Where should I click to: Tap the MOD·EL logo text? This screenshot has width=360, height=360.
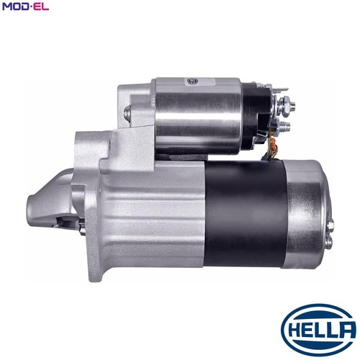(25, 6)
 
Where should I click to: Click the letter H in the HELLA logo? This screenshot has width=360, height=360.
(293, 329)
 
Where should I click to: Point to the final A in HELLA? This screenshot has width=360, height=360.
(346, 329)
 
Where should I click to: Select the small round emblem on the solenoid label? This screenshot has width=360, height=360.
(193, 81)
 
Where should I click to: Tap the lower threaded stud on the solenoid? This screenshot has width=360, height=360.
(283, 126)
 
